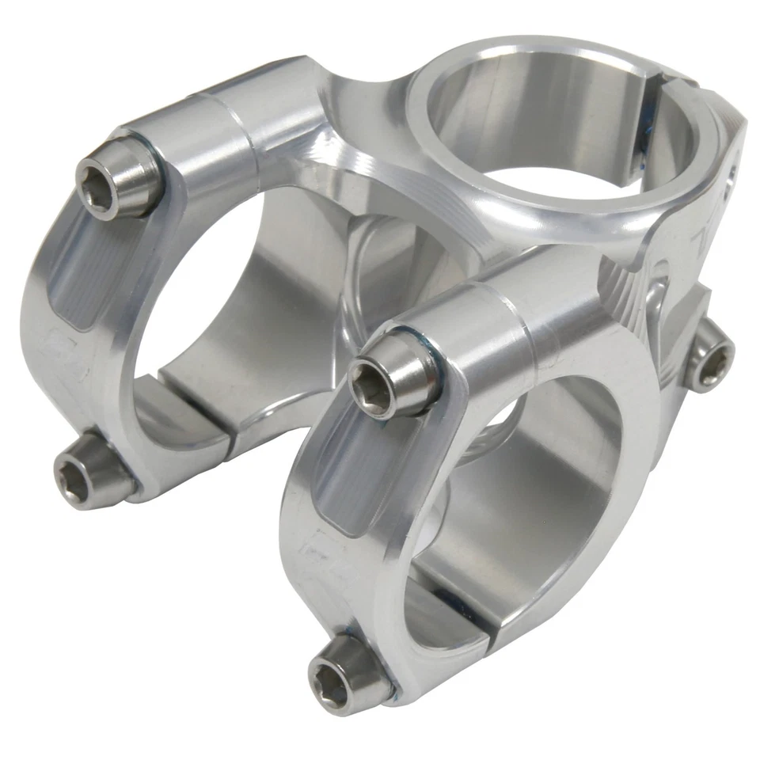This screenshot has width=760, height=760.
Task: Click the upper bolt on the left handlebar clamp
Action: pos(116,178)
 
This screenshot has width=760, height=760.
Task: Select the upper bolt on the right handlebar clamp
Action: pos(389,374)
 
